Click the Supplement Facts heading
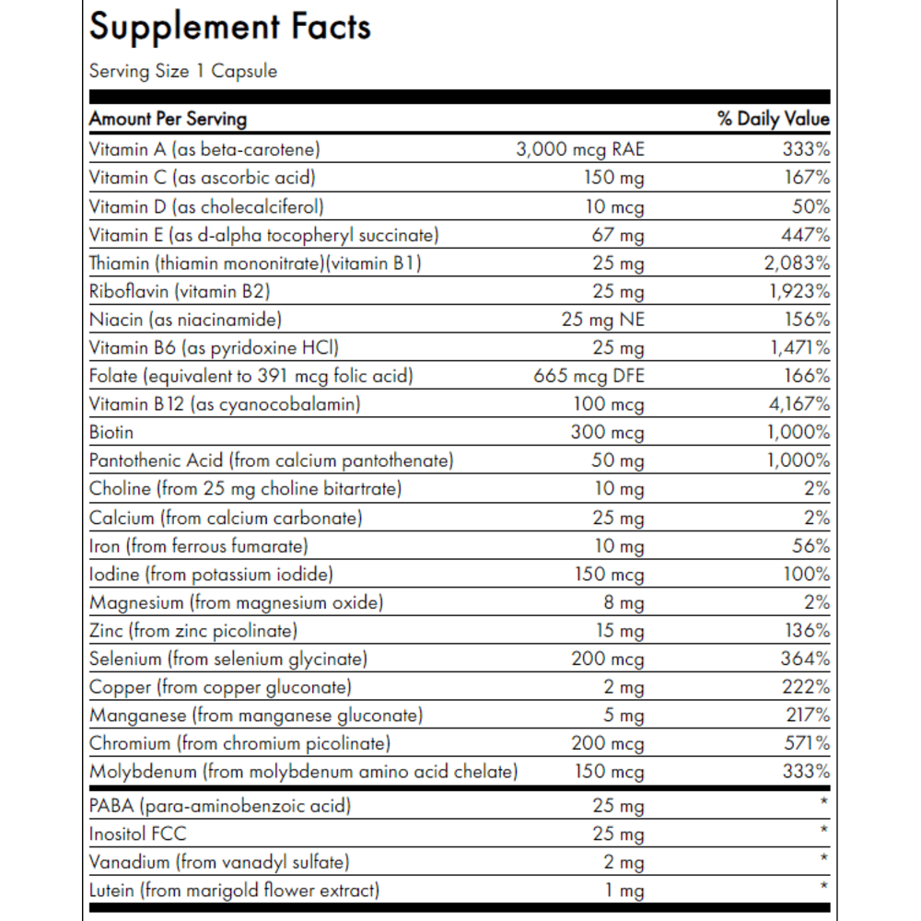[229, 28]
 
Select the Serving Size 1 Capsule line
[183, 71]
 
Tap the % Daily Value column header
[773, 119]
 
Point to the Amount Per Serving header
[168, 119]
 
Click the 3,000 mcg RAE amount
[580, 149]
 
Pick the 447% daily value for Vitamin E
[805, 235]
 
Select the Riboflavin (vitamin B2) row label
[180, 291]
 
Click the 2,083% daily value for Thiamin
[797, 263]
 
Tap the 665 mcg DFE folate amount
[589, 376]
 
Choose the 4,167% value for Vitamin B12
[799, 404]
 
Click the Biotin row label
[111, 432]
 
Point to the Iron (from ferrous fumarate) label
[199, 546]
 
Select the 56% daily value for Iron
[811, 546]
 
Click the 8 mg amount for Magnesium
[624, 602]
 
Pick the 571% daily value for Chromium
[807, 743]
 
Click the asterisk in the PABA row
[824, 801]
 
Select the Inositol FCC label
[137, 834]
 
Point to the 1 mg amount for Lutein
[625, 891]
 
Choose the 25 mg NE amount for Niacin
[602, 320]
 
